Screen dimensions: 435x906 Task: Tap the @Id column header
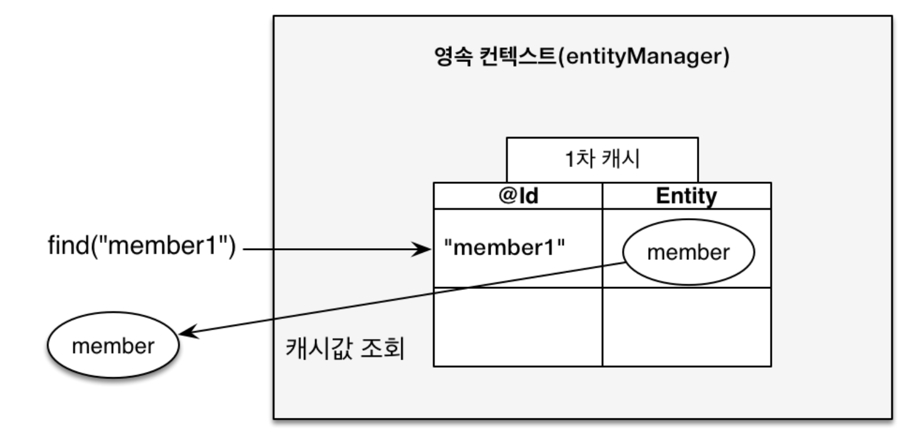pos(518,196)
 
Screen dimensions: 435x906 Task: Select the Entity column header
pos(686,196)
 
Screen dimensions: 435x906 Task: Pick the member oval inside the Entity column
pos(688,253)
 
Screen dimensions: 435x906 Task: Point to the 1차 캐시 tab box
pos(602,160)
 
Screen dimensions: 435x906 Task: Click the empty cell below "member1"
pos(518,327)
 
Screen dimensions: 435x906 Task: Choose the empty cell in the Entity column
pos(686,327)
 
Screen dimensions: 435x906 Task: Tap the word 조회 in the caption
pos(385,350)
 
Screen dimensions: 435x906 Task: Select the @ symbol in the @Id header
pos(506,196)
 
